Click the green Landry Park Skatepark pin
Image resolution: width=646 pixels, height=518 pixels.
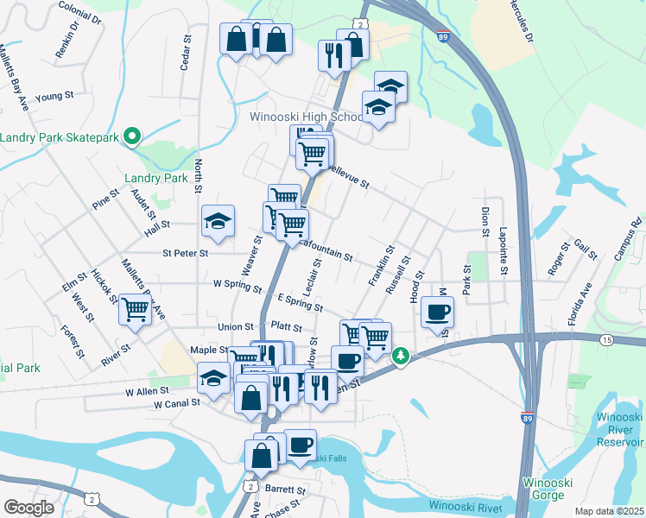click(132, 136)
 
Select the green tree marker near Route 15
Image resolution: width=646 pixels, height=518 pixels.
click(401, 356)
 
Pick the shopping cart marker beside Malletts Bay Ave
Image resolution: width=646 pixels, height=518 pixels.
click(136, 310)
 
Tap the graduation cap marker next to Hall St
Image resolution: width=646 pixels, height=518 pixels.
click(218, 222)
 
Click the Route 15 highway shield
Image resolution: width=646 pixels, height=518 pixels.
click(606, 341)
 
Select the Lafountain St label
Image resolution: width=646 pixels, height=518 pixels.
click(323, 250)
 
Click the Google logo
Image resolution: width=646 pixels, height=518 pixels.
click(28, 508)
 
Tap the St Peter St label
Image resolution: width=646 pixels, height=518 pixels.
click(185, 254)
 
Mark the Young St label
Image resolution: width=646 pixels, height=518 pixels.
click(52, 97)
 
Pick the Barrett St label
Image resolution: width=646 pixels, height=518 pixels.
click(286, 489)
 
